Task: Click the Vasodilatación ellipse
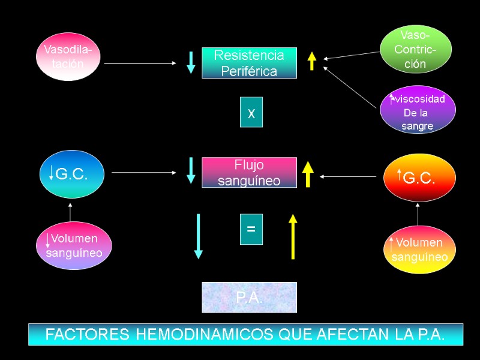(68, 55)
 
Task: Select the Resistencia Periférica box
(249, 63)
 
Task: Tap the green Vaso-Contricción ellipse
(416, 50)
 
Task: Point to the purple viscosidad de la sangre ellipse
(418, 110)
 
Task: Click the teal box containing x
(251, 112)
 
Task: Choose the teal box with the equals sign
(251, 229)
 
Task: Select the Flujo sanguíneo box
(249, 172)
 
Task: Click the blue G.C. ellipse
(71, 174)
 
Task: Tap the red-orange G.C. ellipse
(419, 178)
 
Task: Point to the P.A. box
(249, 298)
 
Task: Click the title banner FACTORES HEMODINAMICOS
(245, 335)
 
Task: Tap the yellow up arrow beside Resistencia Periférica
(312, 61)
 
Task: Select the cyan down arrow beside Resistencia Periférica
(191, 62)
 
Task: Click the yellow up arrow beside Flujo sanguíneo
(308, 174)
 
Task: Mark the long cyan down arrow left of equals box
(198, 236)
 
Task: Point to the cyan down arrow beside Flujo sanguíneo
(191, 170)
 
